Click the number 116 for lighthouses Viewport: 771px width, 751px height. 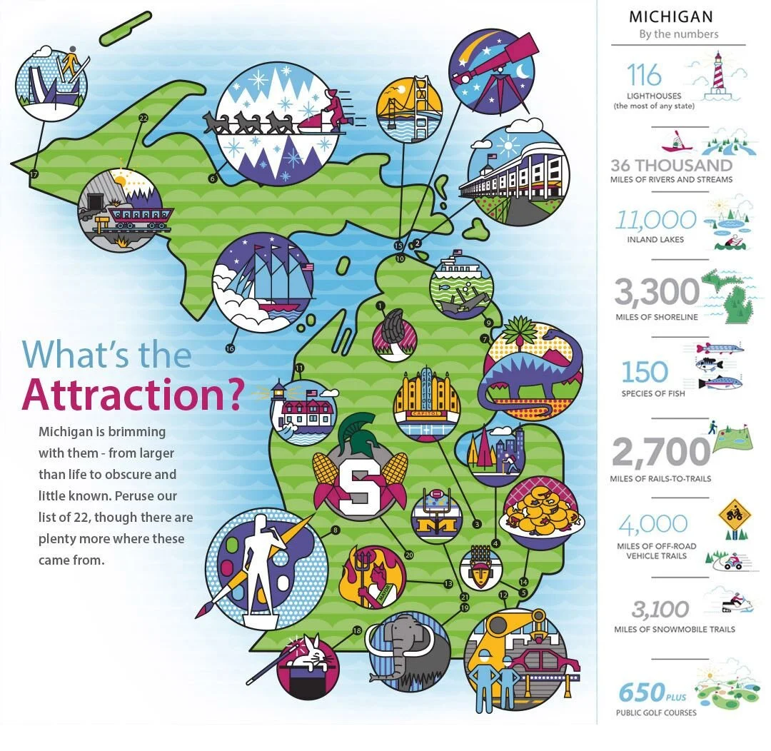(x=643, y=75)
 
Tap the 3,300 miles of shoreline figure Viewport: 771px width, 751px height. (x=657, y=292)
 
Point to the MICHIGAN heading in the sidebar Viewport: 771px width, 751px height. (x=670, y=16)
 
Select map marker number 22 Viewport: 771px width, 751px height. (x=143, y=118)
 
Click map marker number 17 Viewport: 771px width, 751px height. (x=34, y=173)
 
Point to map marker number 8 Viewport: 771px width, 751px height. (x=334, y=530)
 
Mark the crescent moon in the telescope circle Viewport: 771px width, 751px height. (x=525, y=71)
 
